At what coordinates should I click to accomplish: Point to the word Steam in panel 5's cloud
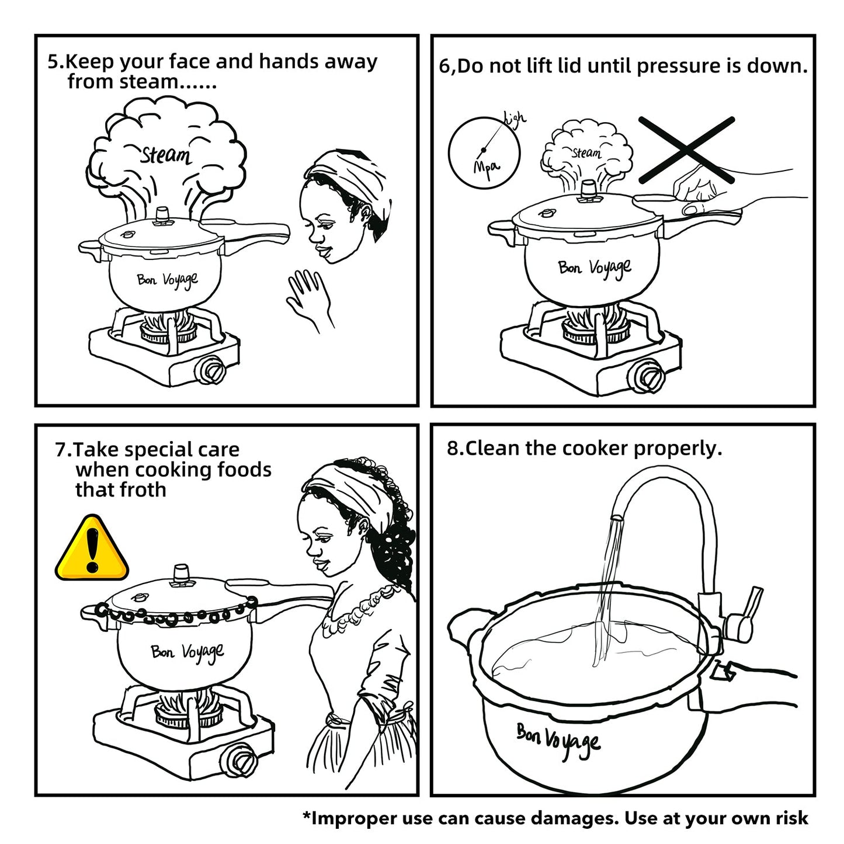166,155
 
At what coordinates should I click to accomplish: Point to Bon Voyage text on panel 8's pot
558,741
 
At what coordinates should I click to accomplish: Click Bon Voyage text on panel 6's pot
595,269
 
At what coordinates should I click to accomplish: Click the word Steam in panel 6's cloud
586,153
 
